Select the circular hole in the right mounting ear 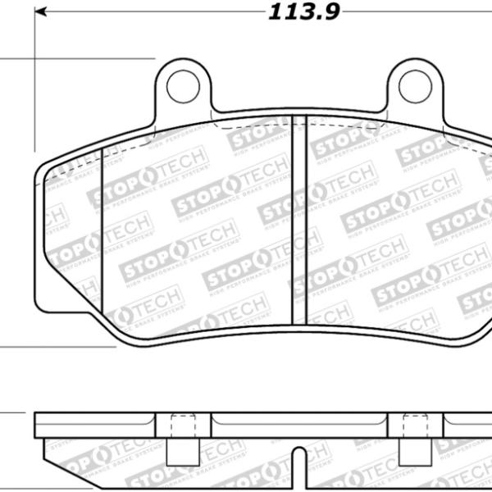[x=415, y=84]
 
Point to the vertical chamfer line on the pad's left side [x=100, y=238]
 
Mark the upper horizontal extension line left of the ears [x=82, y=59]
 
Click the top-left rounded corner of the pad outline [x=46, y=167]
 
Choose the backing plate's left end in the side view [x=38, y=424]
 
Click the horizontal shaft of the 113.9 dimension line [x=164, y=12]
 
